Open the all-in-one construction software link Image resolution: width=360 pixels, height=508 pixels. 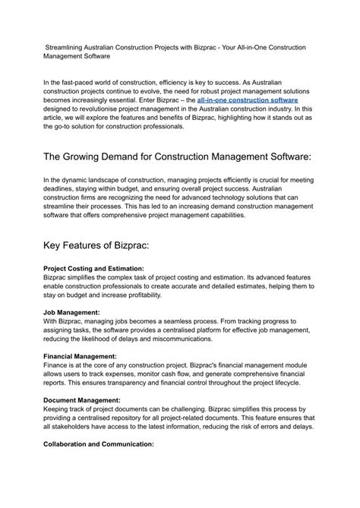(247, 99)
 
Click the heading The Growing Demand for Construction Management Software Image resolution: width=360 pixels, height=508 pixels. (178, 156)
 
